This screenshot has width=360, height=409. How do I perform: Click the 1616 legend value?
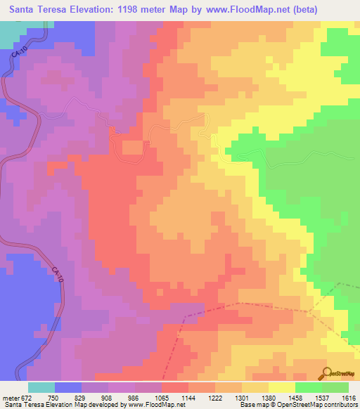pyautogui.click(x=349, y=397)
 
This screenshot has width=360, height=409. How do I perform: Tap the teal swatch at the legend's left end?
pyautogui.click(x=41, y=387)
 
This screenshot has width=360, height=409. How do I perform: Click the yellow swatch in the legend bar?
pyautogui.click(x=281, y=387)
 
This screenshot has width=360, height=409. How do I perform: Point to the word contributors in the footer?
pyautogui.click(x=340, y=405)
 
